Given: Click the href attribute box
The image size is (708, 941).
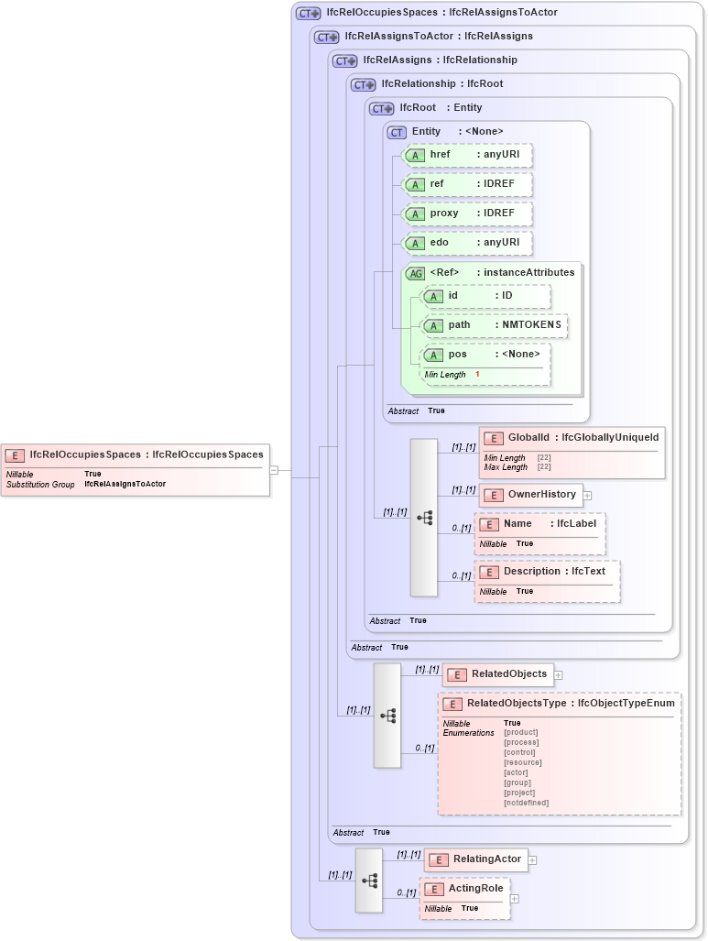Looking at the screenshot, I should [468, 155].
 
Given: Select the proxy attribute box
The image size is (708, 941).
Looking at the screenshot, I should [468, 213].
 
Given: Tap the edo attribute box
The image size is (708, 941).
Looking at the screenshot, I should [468, 243].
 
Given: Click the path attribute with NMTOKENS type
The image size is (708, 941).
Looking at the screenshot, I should [495, 325].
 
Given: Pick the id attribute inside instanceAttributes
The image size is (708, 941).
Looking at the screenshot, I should [485, 296].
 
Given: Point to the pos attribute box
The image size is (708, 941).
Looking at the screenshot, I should [485, 355].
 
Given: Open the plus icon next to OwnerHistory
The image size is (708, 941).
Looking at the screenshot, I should [588, 496].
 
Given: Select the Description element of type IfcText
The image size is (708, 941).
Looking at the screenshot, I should [548, 572].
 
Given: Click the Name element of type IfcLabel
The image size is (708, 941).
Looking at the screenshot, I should [540, 524].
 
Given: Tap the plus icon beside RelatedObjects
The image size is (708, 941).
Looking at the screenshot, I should [559, 674].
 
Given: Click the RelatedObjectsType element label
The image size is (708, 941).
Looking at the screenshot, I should [517, 704].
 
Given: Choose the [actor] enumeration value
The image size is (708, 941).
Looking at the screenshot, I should [516, 772].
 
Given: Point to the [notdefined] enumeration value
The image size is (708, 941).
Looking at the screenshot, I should [526, 803].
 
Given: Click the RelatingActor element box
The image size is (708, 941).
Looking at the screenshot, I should [476, 859].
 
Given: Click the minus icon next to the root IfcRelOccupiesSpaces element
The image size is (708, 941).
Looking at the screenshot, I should [273, 470].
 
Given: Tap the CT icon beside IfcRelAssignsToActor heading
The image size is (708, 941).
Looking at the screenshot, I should [326, 37].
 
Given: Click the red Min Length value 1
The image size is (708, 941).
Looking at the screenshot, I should [477, 375].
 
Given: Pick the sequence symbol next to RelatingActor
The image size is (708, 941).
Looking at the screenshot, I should [369, 881].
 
